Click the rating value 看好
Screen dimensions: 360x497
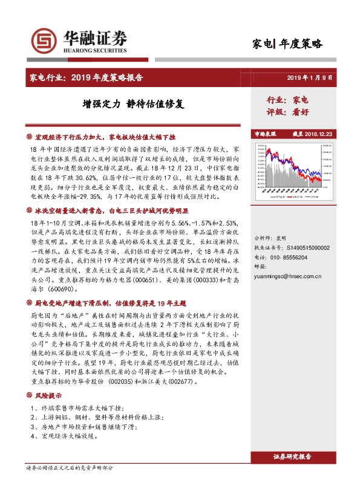301,111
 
